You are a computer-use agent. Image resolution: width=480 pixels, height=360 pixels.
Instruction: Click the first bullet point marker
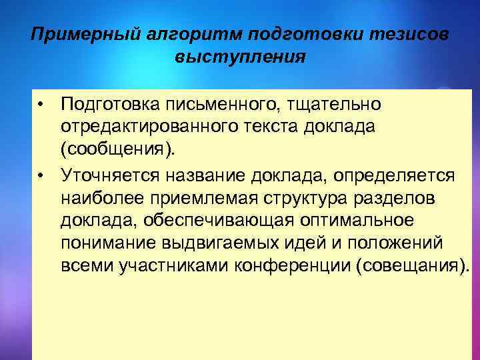coord(41,105)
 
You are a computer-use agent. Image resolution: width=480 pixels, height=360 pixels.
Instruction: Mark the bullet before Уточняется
coord(41,175)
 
